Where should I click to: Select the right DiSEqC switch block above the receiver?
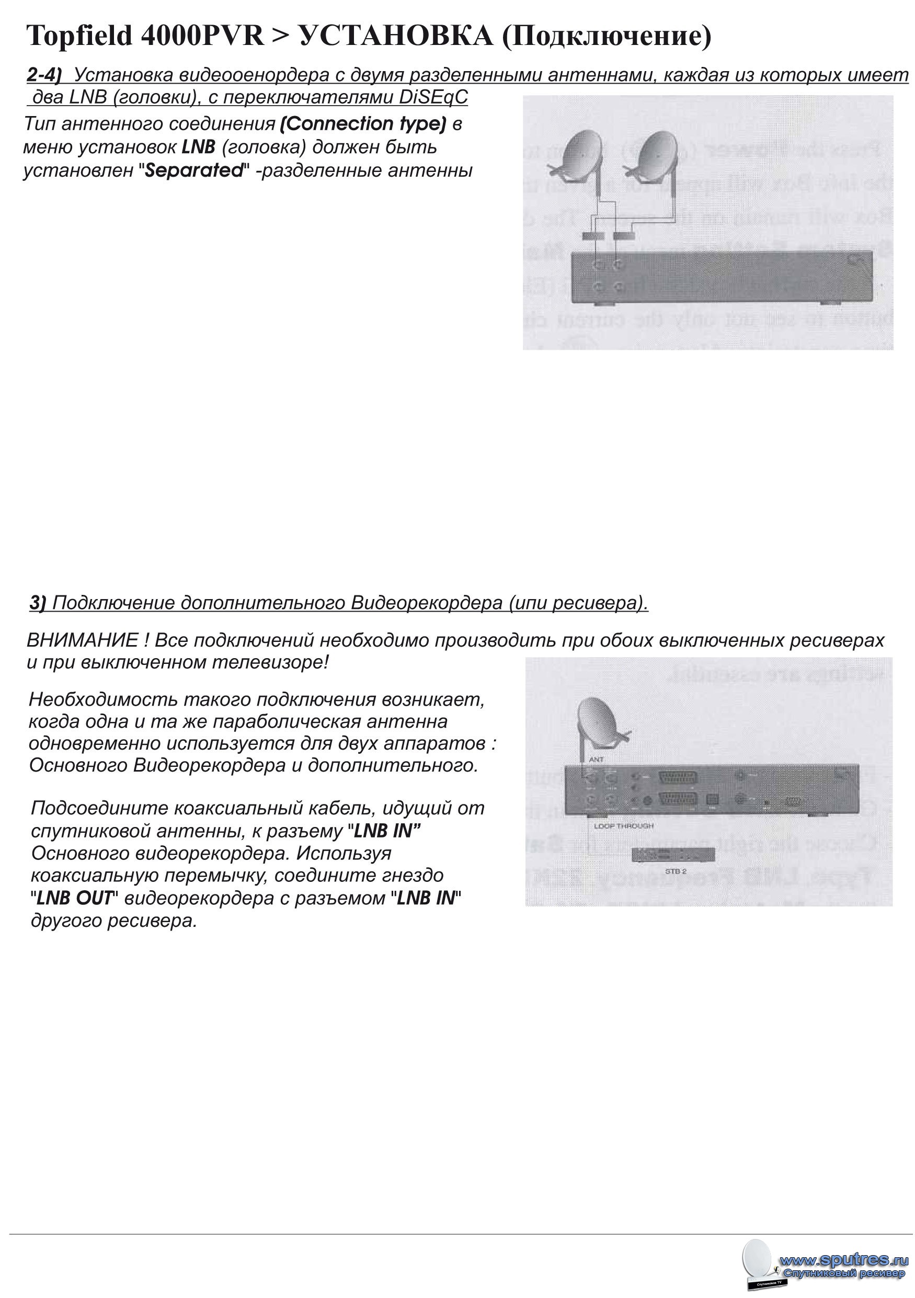[x=624, y=236]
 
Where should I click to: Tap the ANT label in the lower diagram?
[x=596, y=759]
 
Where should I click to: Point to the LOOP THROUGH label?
[x=623, y=826]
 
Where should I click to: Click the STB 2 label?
[x=675, y=871]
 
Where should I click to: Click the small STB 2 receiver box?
[x=672, y=854]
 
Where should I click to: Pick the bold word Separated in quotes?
[x=193, y=170]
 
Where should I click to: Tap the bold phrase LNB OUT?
[x=75, y=898]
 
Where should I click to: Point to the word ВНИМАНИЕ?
[x=82, y=640]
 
